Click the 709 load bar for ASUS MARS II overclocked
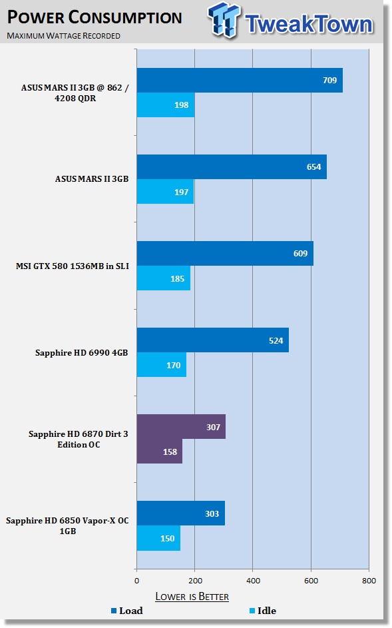[x=240, y=80]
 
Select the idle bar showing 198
[x=166, y=105]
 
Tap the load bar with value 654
[x=232, y=166]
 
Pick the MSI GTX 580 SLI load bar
[x=225, y=253]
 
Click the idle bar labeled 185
[x=164, y=278]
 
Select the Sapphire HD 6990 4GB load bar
[x=212, y=340]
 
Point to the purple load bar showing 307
[x=182, y=426]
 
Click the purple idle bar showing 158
[x=160, y=452]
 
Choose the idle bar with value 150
[x=158, y=538]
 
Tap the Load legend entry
[x=127, y=611]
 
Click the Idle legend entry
[x=263, y=611]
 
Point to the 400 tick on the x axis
[x=253, y=581]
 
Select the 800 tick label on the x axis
[x=369, y=581]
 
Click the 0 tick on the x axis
[x=137, y=581]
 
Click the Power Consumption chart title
[x=95, y=17]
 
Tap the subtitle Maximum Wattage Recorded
[x=64, y=36]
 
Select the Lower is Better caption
[x=192, y=597]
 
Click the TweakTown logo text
[x=309, y=24]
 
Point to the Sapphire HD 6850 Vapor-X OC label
[x=67, y=526]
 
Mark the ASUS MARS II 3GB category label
[x=92, y=179]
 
